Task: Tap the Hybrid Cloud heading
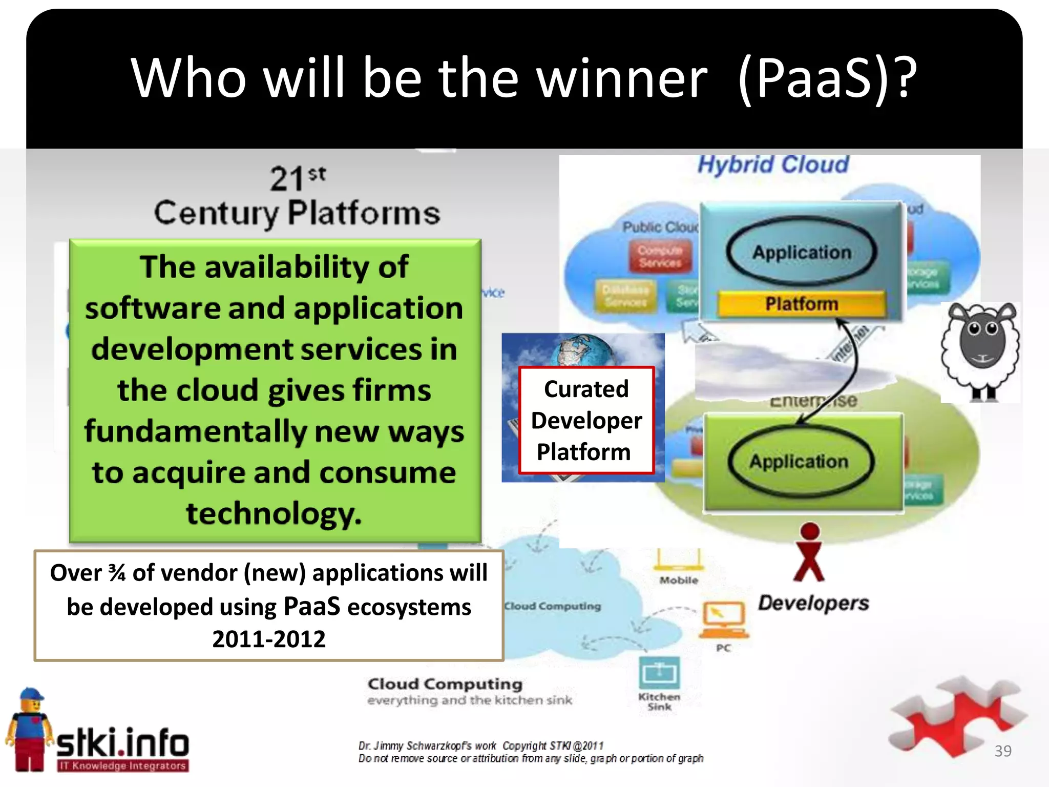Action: (772, 165)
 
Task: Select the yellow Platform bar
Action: (802, 304)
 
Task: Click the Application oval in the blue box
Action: (802, 252)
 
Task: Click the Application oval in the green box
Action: (799, 462)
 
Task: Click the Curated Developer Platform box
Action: (586, 420)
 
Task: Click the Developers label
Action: (813, 603)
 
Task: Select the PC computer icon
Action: (724, 617)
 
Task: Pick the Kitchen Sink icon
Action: (659, 673)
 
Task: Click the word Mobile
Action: (679, 581)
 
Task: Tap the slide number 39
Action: (1002, 751)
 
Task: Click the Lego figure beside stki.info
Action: (29, 730)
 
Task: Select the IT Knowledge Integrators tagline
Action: (122, 765)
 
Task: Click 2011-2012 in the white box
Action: (269, 639)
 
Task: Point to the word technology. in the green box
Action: (274, 513)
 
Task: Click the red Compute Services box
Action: (660, 257)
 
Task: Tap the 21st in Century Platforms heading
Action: (297, 178)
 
